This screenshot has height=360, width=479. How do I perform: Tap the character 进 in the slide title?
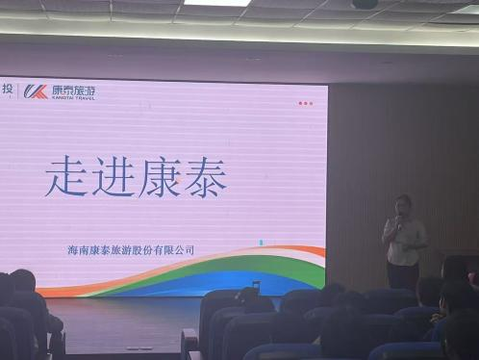[113, 176]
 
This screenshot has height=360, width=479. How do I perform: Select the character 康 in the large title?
[160, 177]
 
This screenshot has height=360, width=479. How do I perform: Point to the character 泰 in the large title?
[205, 177]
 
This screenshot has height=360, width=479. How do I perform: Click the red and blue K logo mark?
[36, 91]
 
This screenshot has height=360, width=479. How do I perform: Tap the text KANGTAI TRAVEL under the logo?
[73, 98]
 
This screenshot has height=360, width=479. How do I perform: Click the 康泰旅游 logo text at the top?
[73, 90]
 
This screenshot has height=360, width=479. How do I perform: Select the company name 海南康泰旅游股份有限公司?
[131, 250]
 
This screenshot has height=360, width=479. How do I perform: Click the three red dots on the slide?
[305, 103]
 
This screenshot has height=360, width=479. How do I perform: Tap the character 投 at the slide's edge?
[7, 89]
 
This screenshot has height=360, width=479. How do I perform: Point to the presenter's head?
[403, 205]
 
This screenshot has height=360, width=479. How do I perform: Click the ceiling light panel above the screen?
[216, 3]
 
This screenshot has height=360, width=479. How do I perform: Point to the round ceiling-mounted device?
[365, 4]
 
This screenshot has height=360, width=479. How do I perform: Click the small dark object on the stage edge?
[256, 285]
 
